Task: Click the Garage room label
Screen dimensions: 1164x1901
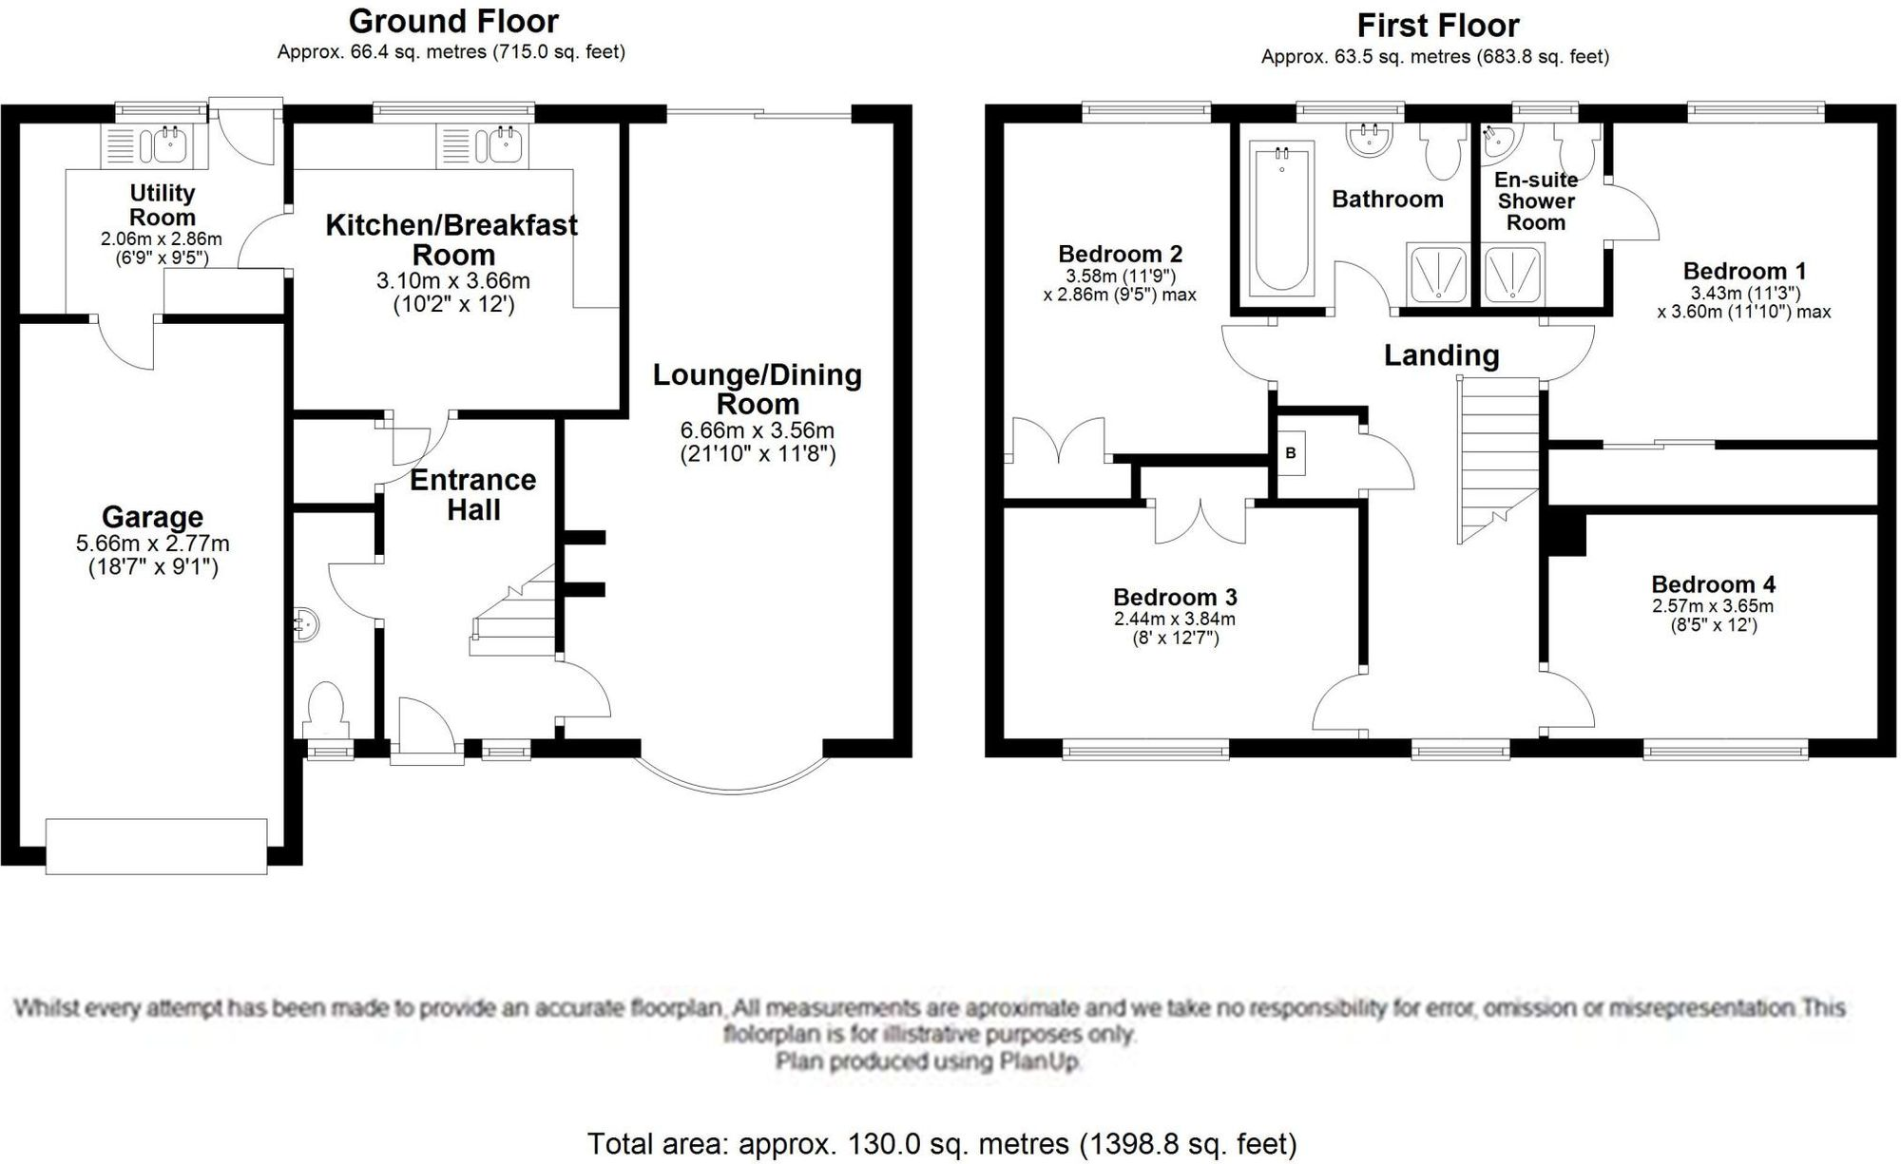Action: click(x=152, y=517)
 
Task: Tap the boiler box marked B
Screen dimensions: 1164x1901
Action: click(x=1291, y=453)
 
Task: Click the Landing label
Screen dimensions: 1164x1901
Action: click(x=1441, y=355)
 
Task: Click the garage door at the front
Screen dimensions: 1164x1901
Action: click(x=157, y=846)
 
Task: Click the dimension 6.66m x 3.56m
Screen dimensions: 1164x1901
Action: click(x=758, y=430)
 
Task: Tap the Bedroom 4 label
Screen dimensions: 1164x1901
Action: click(x=1713, y=584)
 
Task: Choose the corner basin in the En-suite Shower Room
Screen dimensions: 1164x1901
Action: click(x=1498, y=143)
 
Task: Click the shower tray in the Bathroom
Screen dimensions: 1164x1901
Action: click(x=1437, y=274)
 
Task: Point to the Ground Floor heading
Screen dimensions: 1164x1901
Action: click(x=453, y=21)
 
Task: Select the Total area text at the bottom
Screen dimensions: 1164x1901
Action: click(x=941, y=1143)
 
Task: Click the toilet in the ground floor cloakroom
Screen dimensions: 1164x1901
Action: click(x=326, y=708)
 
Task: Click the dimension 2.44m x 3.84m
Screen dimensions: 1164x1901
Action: click(x=1175, y=619)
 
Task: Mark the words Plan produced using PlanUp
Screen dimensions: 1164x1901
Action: click(x=929, y=1060)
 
